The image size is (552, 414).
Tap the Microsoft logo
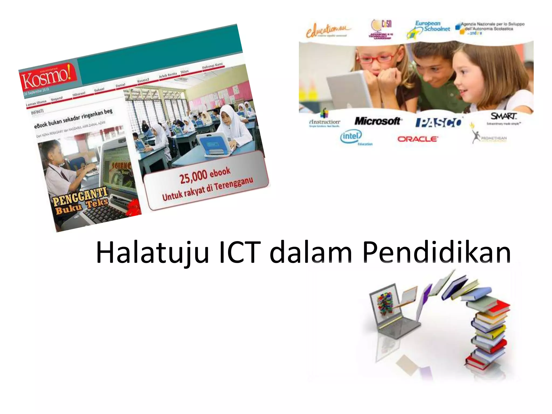tap(378, 121)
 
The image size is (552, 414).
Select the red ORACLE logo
tap(418, 139)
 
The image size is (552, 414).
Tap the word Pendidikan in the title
tap(437, 252)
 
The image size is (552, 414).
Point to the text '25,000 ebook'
tap(205, 175)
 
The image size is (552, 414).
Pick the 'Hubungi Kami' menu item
tap(212, 65)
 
